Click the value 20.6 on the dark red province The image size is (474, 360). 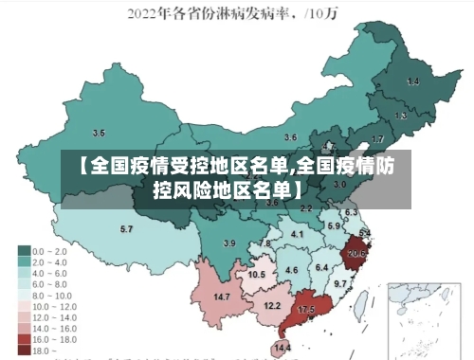point(356,253)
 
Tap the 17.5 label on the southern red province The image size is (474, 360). point(306,311)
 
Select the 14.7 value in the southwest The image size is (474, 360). point(222,297)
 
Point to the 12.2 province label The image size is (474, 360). point(272,306)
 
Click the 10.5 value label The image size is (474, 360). point(257,274)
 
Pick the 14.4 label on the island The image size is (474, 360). point(283,349)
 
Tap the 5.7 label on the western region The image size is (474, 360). point(126,229)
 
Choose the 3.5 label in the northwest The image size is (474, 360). point(99,133)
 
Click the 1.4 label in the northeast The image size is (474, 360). point(412,82)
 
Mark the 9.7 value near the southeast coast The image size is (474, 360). point(340,283)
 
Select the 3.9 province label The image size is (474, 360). point(228,243)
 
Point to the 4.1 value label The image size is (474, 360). point(298,234)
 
